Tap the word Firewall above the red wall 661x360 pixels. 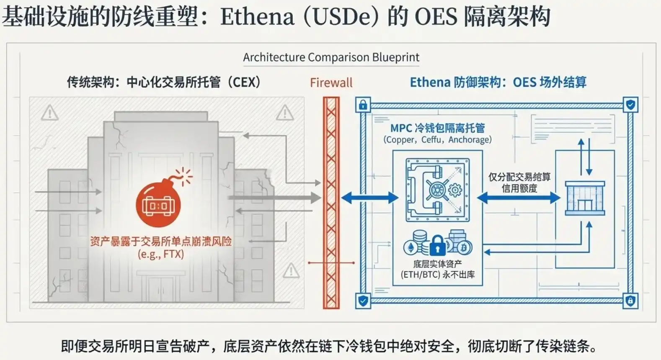pyautogui.click(x=331, y=82)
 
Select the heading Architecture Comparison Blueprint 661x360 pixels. pyautogui.click(x=331, y=57)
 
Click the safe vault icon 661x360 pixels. pyautogui.click(x=438, y=190)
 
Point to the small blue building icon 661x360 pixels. pyautogui.click(x=585, y=198)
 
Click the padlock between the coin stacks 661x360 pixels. pyautogui.click(x=438, y=245)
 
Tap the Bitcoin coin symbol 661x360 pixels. pyautogui.click(x=464, y=248)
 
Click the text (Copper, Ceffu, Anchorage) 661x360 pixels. pyautogui.click(x=437, y=140)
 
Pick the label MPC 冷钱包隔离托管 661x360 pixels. pyautogui.click(x=437, y=128)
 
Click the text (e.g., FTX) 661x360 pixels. pyautogui.click(x=161, y=254)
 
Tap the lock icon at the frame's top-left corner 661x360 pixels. pyautogui.click(x=363, y=105)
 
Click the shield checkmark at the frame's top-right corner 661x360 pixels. pyautogui.click(x=630, y=104)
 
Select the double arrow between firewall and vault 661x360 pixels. pyautogui.click(x=369, y=198)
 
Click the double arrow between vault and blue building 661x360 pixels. pyautogui.click(x=519, y=198)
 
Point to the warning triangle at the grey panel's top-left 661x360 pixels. pyautogui.click(x=50, y=113)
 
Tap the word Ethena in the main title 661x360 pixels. pyautogui.click(x=257, y=17)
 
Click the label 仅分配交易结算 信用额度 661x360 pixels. pyautogui.click(x=519, y=183)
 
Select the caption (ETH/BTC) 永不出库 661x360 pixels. pyautogui.click(x=438, y=275)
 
